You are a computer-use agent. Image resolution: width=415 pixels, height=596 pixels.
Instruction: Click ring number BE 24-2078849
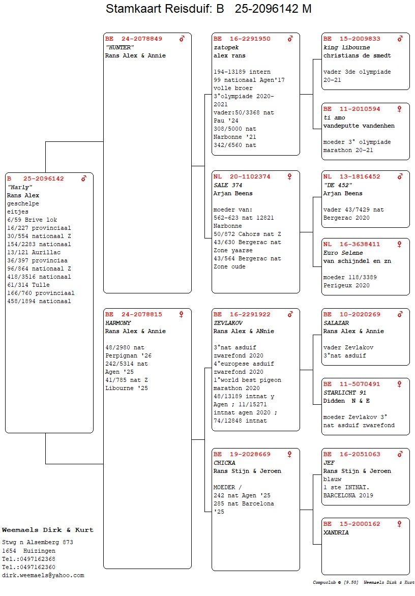[x=134, y=39]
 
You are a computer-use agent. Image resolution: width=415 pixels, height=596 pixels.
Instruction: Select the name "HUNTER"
[x=120, y=47]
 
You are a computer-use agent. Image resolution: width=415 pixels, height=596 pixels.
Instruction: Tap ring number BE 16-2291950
[x=242, y=39]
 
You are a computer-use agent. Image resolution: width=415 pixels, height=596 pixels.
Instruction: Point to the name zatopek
[x=226, y=47]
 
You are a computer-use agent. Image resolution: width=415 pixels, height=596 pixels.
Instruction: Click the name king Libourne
[x=346, y=47]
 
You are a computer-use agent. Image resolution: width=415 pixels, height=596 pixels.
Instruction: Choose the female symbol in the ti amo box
[x=399, y=109]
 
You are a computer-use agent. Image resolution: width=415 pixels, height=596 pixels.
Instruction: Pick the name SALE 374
[x=228, y=185]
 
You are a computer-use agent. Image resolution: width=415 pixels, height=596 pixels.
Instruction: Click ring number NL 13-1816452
[x=352, y=177]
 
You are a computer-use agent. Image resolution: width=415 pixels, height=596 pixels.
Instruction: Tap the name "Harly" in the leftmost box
[x=20, y=187]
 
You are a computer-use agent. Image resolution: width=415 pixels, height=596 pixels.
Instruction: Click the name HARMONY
[x=118, y=323]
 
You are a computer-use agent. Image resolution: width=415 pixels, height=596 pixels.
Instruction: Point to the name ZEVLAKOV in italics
[x=228, y=323]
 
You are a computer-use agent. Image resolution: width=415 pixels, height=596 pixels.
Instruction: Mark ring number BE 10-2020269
[x=352, y=315]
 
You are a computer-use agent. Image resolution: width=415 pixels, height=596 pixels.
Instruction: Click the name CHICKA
[x=225, y=463]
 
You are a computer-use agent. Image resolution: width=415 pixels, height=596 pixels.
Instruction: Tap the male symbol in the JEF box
[x=400, y=454]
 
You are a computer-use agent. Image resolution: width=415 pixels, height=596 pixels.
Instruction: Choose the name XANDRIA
[x=336, y=532]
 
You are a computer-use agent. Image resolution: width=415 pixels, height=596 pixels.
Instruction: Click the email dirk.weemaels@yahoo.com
[x=43, y=576]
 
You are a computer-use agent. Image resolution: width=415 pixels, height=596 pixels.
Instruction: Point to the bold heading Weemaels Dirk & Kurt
[x=47, y=530]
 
